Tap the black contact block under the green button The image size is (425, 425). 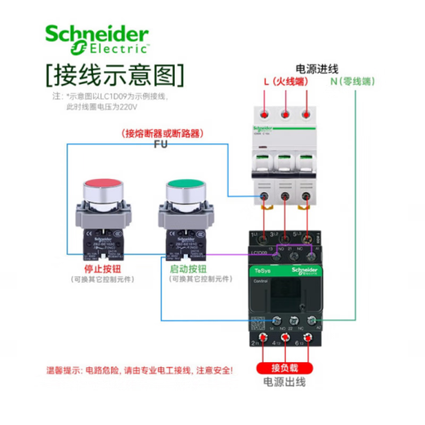click(x=186, y=240)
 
